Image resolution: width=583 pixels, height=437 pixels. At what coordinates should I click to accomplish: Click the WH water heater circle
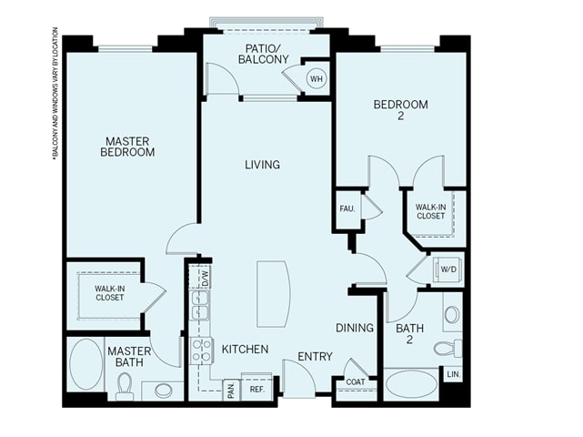317,79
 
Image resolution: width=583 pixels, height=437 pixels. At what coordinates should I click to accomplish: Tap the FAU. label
347,208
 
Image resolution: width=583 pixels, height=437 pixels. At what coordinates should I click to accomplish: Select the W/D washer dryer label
448,269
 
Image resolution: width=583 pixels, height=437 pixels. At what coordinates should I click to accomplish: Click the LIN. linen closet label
453,374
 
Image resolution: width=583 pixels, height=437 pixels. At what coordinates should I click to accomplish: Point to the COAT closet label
356,381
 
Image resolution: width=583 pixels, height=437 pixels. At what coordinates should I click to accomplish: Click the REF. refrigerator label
256,390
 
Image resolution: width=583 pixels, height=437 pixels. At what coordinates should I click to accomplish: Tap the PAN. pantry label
231,390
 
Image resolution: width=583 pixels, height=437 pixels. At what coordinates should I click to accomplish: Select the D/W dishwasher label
206,277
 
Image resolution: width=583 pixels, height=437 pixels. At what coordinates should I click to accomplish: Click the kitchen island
274,294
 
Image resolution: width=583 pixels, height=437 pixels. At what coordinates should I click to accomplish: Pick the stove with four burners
201,351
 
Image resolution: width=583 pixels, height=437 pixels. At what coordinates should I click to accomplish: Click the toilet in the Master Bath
125,387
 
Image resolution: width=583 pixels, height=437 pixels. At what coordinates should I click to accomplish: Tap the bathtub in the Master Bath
86,364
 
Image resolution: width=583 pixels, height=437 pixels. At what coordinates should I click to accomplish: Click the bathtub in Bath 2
411,384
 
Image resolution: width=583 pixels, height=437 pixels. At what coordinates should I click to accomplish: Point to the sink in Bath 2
452,314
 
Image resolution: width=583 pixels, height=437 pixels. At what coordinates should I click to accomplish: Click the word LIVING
263,165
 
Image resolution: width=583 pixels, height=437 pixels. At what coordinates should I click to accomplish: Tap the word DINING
355,328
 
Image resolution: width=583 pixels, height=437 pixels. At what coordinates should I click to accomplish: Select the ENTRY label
315,357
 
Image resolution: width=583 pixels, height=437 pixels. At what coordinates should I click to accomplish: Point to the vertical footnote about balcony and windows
55,94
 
